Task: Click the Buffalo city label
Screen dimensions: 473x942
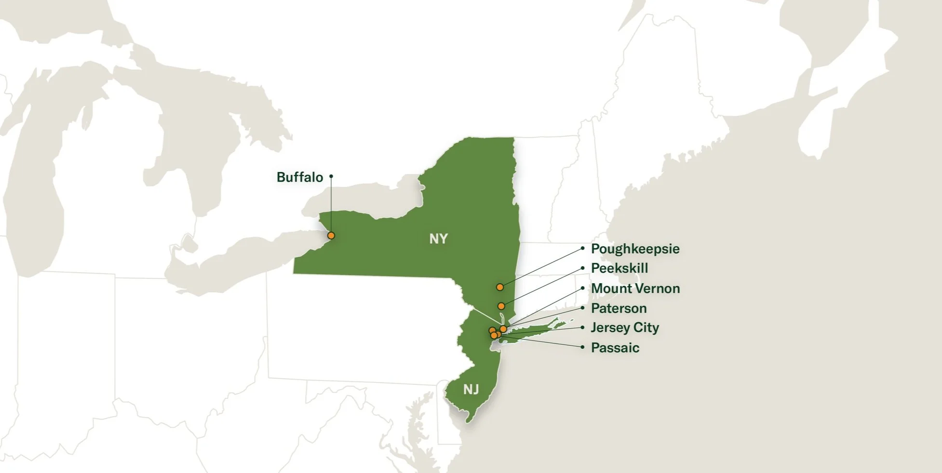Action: (x=299, y=177)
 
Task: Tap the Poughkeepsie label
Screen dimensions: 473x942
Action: (x=635, y=249)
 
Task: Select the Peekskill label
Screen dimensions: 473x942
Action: (x=619, y=268)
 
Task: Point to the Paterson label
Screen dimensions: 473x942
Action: (x=619, y=308)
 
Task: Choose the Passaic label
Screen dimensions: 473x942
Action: (x=615, y=348)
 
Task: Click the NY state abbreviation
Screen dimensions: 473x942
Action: (x=438, y=239)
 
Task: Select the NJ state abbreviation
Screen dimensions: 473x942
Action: (x=471, y=389)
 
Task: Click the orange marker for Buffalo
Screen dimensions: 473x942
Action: (x=331, y=236)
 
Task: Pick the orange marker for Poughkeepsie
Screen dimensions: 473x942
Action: (x=500, y=287)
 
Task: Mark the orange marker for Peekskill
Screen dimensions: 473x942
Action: (x=501, y=306)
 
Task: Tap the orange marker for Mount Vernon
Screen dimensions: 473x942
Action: (x=503, y=328)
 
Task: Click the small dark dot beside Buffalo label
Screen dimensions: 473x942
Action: (x=331, y=176)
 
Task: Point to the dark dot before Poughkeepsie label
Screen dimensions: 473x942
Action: (x=582, y=249)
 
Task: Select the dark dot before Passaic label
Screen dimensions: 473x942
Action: (x=582, y=347)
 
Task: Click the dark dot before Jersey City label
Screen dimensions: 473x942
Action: (x=582, y=328)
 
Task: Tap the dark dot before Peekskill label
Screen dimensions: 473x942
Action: (x=582, y=268)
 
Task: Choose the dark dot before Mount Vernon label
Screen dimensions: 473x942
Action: (x=582, y=289)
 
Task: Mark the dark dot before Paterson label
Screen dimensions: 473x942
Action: (x=582, y=308)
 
